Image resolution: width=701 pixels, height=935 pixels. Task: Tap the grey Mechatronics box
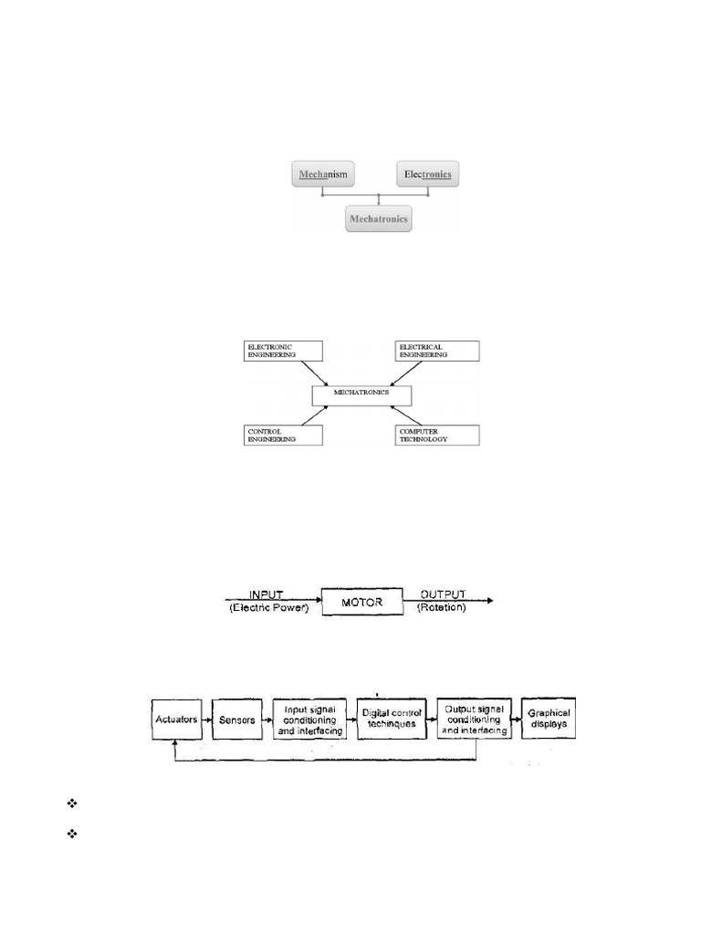[379, 219]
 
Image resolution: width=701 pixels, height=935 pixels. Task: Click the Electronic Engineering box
[284, 351]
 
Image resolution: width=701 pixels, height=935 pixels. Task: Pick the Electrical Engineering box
[436, 351]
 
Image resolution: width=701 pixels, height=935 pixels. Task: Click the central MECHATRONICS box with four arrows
[361, 394]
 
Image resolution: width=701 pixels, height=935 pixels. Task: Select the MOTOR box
[362, 603]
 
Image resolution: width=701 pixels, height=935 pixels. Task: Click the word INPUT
[267, 594]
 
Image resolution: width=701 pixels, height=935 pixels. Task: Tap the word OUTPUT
[441, 594]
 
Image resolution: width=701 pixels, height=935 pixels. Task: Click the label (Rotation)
[442, 608]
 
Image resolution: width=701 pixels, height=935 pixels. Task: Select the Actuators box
[177, 720]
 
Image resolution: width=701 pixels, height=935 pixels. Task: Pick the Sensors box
[236, 720]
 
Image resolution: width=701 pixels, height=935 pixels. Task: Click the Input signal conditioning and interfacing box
[310, 719]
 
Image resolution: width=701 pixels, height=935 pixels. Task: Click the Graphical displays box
[549, 719]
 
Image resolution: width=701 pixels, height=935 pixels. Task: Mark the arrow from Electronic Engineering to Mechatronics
[316, 373]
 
